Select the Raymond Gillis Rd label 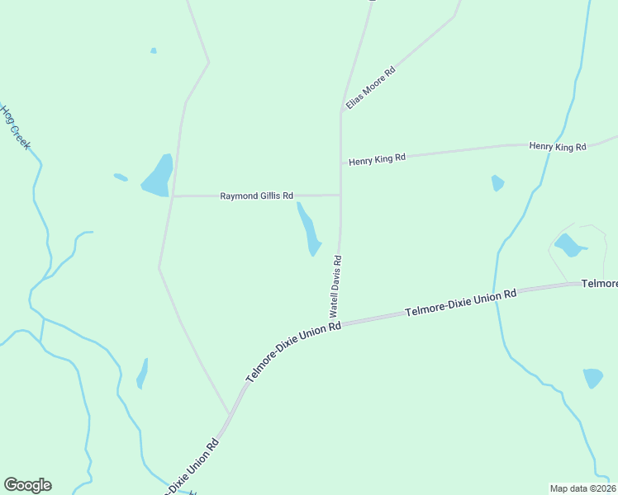(256, 196)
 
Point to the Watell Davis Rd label (335, 286)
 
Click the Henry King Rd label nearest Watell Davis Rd (377, 158)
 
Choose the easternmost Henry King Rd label (557, 147)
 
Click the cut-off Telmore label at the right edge (600, 284)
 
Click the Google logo (27, 485)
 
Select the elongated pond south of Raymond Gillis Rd (308, 229)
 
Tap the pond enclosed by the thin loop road (568, 245)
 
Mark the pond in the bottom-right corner (592, 378)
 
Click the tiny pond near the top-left (154, 51)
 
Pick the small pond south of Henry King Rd (497, 183)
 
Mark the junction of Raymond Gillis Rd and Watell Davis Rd (340, 196)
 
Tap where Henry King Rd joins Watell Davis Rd (340, 163)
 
